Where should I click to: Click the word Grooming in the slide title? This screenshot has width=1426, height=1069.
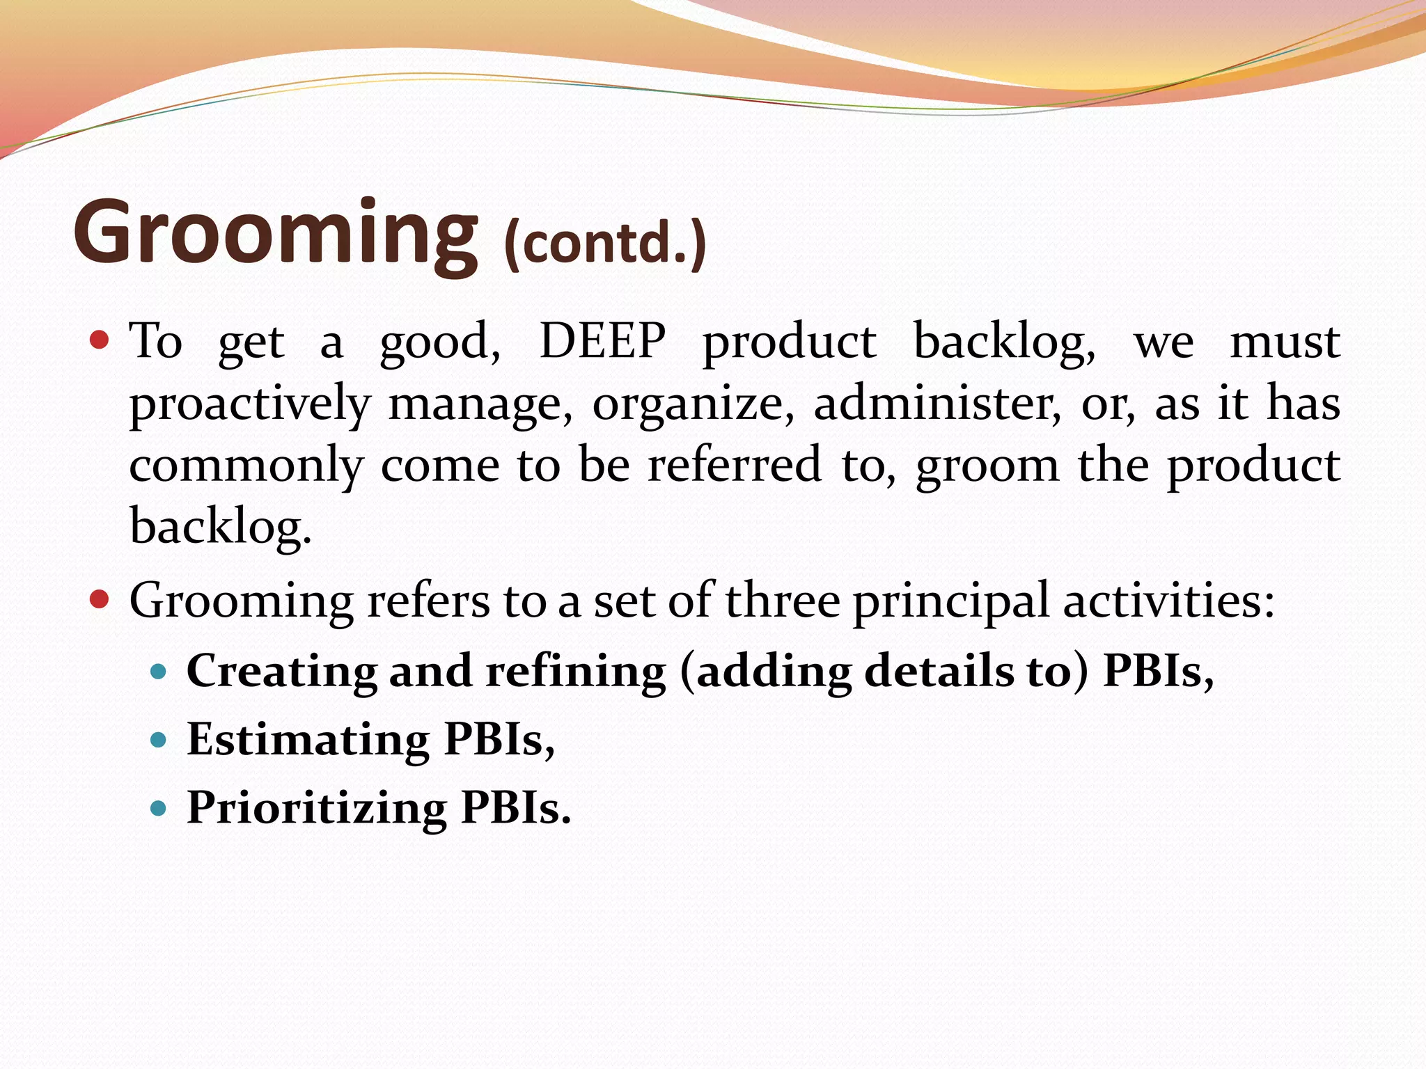coord(276,233)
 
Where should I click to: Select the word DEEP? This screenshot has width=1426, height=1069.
coord(602,341)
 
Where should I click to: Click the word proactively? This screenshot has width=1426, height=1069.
coord(250,404)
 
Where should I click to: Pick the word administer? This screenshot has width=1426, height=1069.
coord(937,404)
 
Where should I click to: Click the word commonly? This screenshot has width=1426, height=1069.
coord(246,466)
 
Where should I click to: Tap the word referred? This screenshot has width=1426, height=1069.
coord(735,464)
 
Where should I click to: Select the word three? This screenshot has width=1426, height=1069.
coord(782,600)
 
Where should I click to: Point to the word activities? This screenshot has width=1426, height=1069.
coord(1168,600)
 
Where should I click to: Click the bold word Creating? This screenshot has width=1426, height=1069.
coord(282,671)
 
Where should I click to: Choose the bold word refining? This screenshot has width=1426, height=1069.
coord(575,671)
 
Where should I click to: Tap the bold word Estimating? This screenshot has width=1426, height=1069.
coord(308,739)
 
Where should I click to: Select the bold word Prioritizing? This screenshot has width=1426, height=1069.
coord(317,808)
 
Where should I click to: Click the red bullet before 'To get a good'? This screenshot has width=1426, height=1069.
coord(100,340)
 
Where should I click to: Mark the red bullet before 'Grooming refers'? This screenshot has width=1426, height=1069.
coord(100,599)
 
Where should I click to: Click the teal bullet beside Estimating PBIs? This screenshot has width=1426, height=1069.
coord(159,740)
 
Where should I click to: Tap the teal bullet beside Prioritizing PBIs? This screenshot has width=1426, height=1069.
coord(159,808)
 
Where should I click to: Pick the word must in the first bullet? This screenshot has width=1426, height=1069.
coord(1285,342)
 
